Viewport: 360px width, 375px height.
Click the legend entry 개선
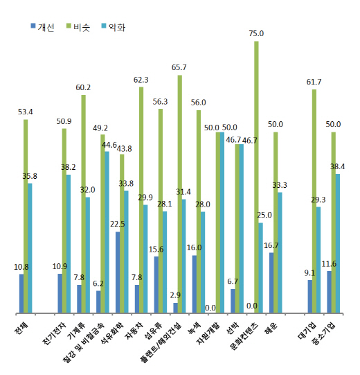pos(46,26)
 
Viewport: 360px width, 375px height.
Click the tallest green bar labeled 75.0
pos(256,177)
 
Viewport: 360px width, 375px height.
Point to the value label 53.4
pos(25,111)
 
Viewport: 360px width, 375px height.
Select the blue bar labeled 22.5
pos(118,272)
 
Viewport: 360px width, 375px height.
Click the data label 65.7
pos(179,67)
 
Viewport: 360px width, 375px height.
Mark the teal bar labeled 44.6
pos(107,232)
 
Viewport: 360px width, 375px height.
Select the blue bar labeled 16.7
pos(271,282)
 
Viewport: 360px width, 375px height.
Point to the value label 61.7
pos(314,81)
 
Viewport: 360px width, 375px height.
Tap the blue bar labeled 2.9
pos(175,307)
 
